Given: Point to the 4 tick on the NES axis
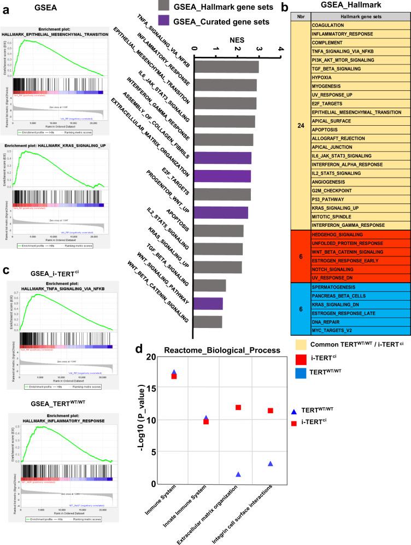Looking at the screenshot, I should coord(281,50).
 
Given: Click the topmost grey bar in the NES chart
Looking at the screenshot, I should coord(226,67).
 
